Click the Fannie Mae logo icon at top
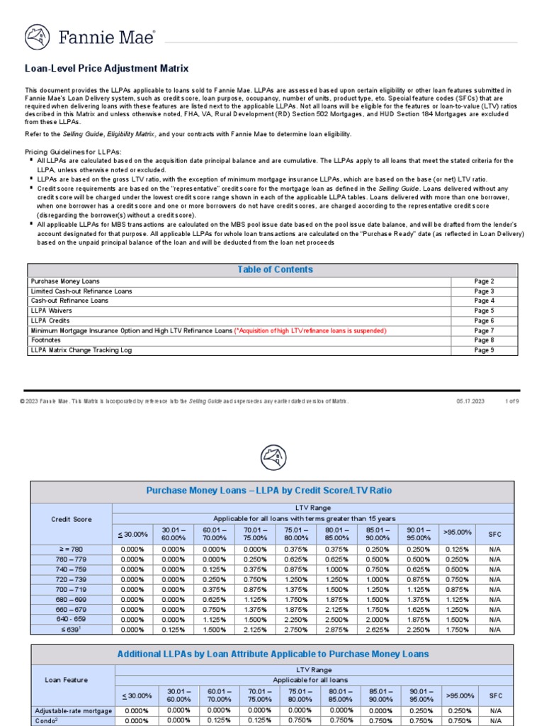[x=38, y=38]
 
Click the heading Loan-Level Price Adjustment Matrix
[x=107, y=69]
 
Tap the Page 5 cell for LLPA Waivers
[x=484, y=311]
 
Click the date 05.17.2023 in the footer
[x=470, y=401]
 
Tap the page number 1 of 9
[x=511, y=401]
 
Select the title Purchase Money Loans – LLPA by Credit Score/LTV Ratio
[x=268, y=491]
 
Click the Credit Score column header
[x=72, y=519]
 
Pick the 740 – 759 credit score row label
[x=72, y=569]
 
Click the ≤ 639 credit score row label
[x=72, y=629]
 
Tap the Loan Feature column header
[x=67, y=680]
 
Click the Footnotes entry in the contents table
[x=47, y=340]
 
